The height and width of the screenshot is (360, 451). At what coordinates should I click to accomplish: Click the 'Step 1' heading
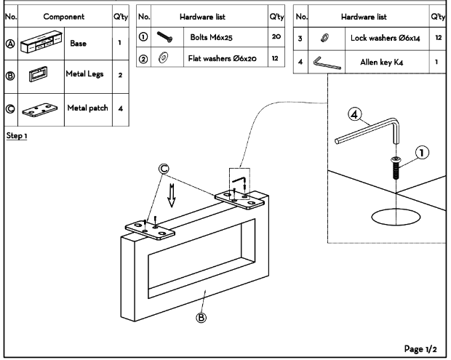coord(17,136)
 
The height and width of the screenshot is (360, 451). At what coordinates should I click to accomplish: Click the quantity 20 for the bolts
coord(276,33)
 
